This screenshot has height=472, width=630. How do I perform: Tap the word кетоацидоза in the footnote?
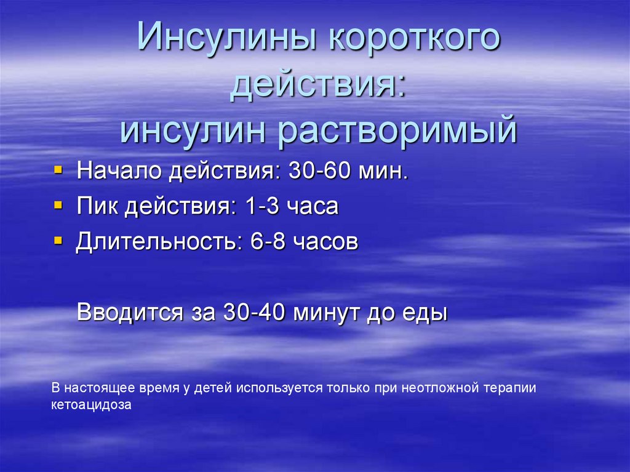[x=92, y=406]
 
